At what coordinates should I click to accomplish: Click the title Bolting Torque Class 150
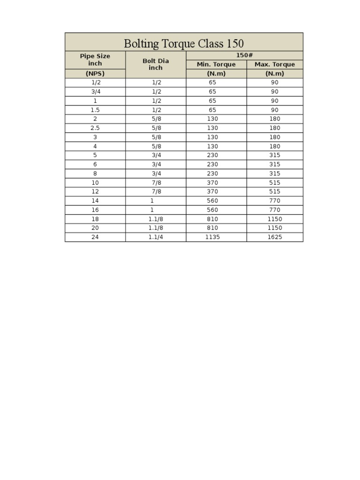184,44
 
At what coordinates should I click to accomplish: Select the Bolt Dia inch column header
156,64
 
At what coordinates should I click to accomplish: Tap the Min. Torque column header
216,64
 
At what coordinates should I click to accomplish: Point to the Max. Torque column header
275,64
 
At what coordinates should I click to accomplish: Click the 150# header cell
245,55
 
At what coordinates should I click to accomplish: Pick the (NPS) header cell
95,74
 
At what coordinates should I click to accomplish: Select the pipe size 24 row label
95,237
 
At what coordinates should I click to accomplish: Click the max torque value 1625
275,237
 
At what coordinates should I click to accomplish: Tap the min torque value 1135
212,237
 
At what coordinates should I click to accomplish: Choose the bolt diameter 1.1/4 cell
156,237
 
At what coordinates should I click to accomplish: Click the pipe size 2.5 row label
95,128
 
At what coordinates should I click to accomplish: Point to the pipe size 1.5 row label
95,110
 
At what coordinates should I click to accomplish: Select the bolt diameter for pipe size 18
156,219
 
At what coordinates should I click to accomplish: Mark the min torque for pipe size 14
212,201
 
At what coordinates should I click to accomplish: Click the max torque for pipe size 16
275,210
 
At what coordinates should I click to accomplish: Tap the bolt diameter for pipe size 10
156,182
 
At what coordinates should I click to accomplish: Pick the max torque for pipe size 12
275,192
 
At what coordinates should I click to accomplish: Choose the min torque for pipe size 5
212,155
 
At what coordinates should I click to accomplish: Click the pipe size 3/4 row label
95,91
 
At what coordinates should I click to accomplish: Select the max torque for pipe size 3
275,137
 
